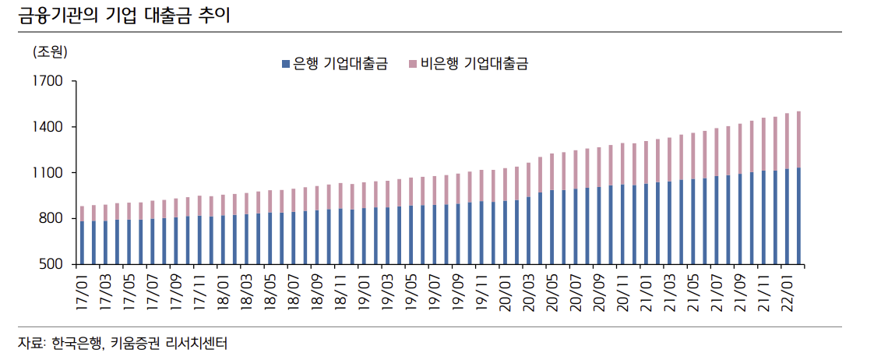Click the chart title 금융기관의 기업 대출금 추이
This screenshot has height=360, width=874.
[124, 16]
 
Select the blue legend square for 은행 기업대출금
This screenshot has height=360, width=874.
[285, 64]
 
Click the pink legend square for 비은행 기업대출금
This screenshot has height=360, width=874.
[413, 64]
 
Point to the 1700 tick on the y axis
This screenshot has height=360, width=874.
[48, 81]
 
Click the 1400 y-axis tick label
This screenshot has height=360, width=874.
[48, 127]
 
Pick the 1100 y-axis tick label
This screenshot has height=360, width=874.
[48, 173]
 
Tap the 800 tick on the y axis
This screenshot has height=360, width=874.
[52, 219]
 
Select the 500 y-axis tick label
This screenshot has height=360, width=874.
[52, 265]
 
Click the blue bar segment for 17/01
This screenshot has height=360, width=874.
[82, 243]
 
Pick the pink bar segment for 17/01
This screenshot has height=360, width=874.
[82, 214]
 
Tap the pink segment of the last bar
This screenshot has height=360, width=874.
[798, 139]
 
